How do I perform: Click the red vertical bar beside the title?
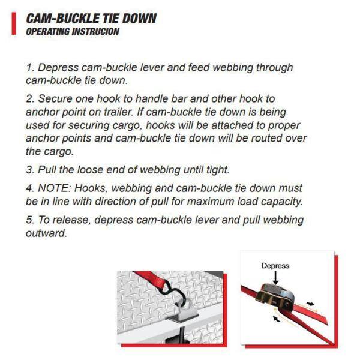click(13, 25)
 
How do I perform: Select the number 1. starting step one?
click(30, 68)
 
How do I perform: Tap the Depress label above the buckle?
click(275, 265)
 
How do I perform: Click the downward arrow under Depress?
click(275, 278)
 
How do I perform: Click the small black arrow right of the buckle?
click(310, 304)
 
